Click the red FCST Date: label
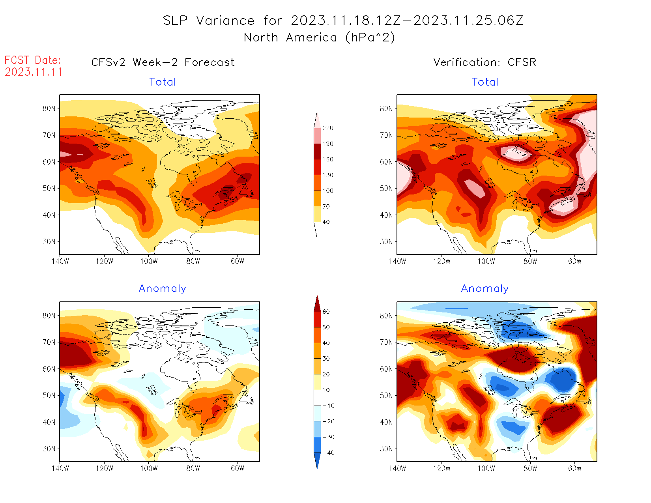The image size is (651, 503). coord(33,60)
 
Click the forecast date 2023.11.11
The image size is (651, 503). coord(34,72)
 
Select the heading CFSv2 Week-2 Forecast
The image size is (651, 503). coord(163,62)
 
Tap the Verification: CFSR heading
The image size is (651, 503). coord(485,62)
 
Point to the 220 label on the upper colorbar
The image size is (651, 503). coord(327,128)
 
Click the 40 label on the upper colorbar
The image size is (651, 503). coord(326,222)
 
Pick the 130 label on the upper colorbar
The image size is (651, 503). coord(327,175)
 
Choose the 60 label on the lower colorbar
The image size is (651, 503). coord(326,312)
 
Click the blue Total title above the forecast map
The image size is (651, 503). coord(163,82)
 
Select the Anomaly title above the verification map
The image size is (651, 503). coord(485,289)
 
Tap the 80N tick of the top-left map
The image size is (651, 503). coord(49,108)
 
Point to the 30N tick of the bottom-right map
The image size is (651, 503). coord(386,449)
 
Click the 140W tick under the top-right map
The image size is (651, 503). coord(397,261)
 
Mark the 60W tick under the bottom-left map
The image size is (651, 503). coord(238,468)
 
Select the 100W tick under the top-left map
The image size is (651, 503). coord(149,261)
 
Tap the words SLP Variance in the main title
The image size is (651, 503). coord(209,21)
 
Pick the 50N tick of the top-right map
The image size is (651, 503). coord(386,188)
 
